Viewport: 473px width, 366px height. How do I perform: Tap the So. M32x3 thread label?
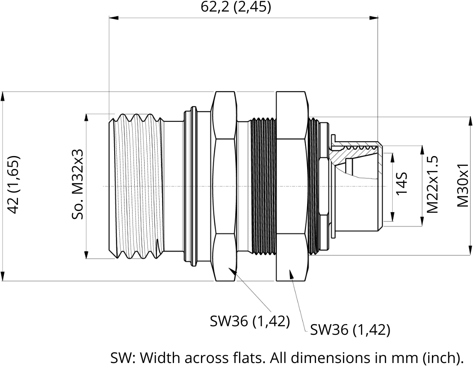point(77,185)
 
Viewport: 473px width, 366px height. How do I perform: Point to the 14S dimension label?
point(402,184)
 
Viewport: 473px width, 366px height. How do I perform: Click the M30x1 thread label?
point(462,185)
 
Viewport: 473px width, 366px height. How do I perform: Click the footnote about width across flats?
point(287,358)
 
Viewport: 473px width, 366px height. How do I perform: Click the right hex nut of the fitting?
point(292,186)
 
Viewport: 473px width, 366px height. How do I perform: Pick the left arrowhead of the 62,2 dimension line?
point(114,18)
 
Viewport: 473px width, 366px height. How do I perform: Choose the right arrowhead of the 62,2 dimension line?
point(374,18)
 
